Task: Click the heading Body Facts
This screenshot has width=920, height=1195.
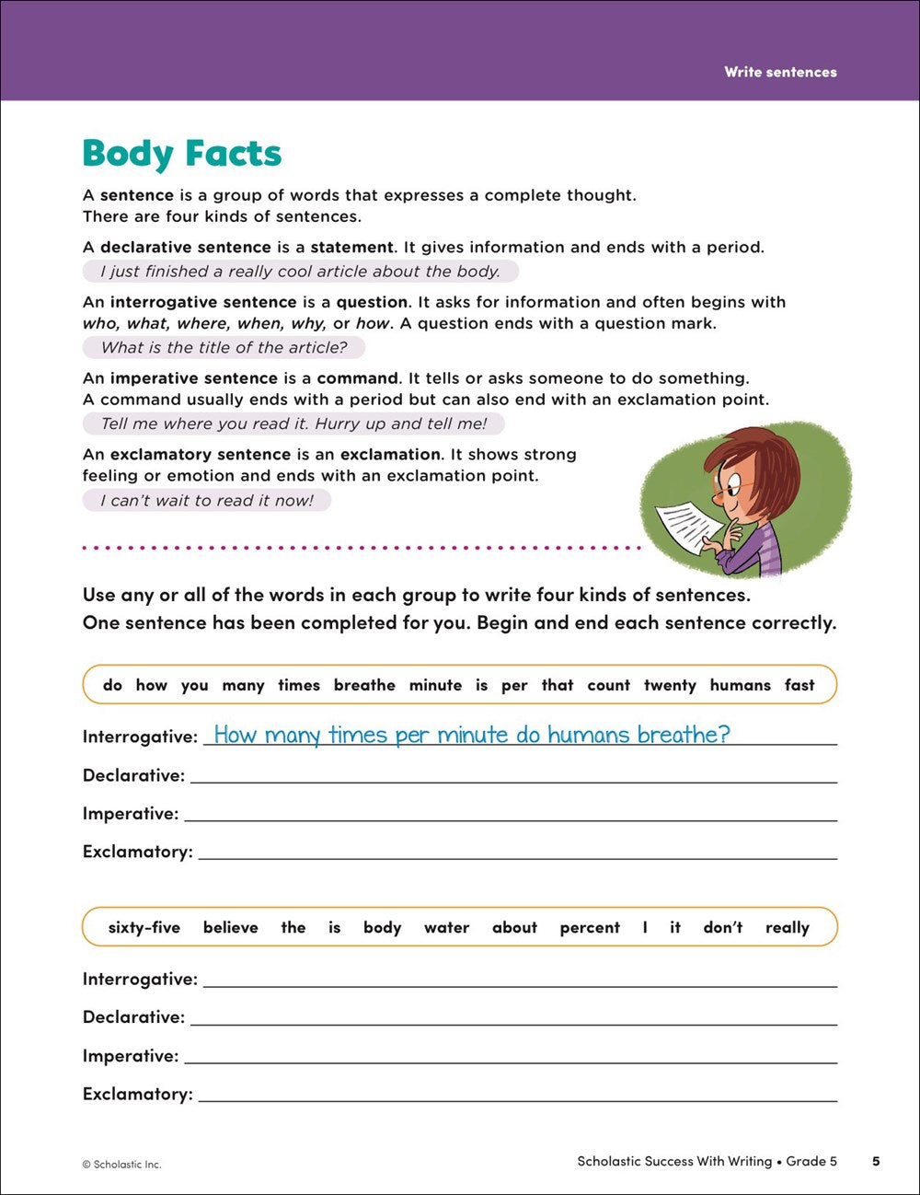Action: tap(181, 154)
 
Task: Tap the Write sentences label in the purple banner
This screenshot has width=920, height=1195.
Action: tap(780, 72)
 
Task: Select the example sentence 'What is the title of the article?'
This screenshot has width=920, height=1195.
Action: tap(224, 347)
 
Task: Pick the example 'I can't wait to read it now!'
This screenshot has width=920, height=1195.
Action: tap(206, 500)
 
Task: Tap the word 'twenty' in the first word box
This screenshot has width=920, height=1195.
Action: tap(670, 685)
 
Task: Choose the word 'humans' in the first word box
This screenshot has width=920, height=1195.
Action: tap(740, 685)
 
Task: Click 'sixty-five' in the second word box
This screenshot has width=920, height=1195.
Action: tap(144, 927)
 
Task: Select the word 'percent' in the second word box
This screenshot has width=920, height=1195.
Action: tap(590, 927)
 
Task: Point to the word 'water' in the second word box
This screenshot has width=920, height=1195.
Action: tap(446, 927)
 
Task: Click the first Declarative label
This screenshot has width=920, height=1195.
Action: tap(133, 775)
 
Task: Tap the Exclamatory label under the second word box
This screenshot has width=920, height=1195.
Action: tap(137, 1094)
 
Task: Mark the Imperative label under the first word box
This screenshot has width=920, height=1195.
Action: tap(131, 814)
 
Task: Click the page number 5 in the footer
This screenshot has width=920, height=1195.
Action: tap(876, 1161)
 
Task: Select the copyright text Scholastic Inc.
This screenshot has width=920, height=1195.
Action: tap(121, 1165)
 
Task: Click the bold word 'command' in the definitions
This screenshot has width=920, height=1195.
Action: tap(358, 378)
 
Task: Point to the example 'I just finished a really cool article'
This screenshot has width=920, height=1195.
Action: tap(300, 271)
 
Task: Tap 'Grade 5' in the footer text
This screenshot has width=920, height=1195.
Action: tap(811, 1161)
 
